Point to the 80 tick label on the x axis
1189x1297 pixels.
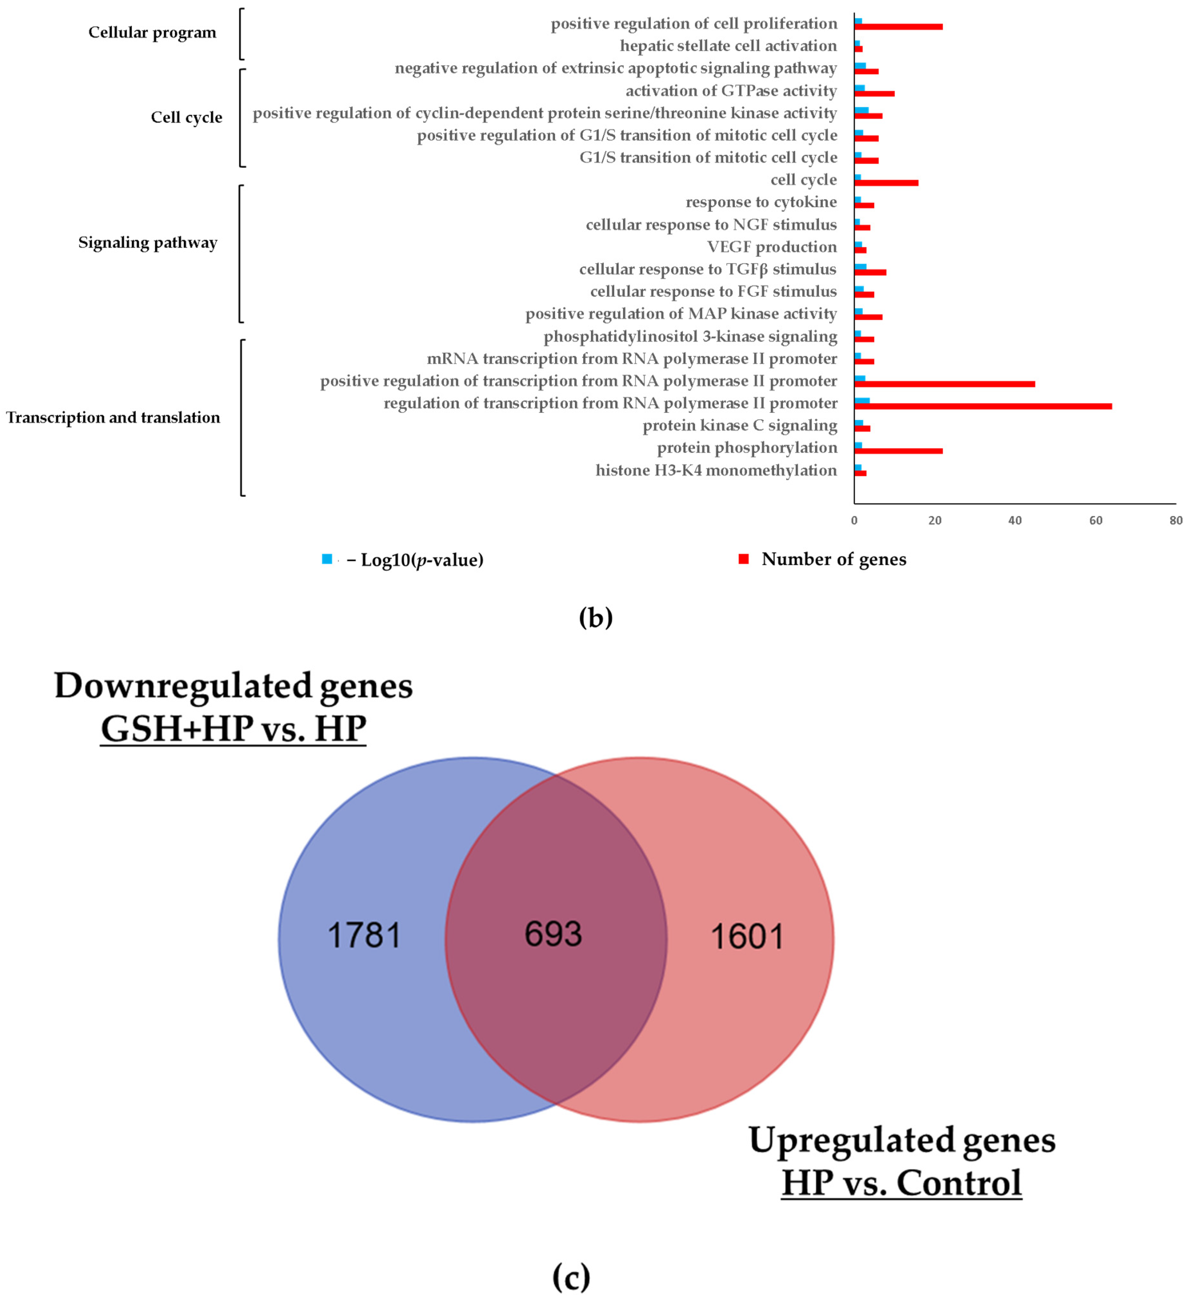coord(1176,520)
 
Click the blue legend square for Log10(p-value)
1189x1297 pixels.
coord(327,559)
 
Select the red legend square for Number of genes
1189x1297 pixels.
coord(744,559)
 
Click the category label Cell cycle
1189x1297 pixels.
coord(187,117)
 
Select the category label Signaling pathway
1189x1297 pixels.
coord(148,242)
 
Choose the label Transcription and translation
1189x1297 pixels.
coord(113,418)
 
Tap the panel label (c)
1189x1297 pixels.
coord(571,1277)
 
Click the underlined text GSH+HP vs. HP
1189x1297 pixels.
coord(234,729)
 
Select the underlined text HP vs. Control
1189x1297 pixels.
coord(901,1182)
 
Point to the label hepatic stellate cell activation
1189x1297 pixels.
coord(728,46)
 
